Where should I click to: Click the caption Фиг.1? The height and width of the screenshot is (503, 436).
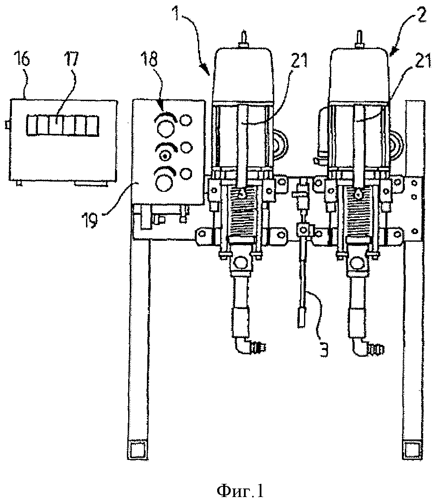(x=240, y=490)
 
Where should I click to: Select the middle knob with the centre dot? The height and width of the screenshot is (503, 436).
(x=165, y=156)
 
